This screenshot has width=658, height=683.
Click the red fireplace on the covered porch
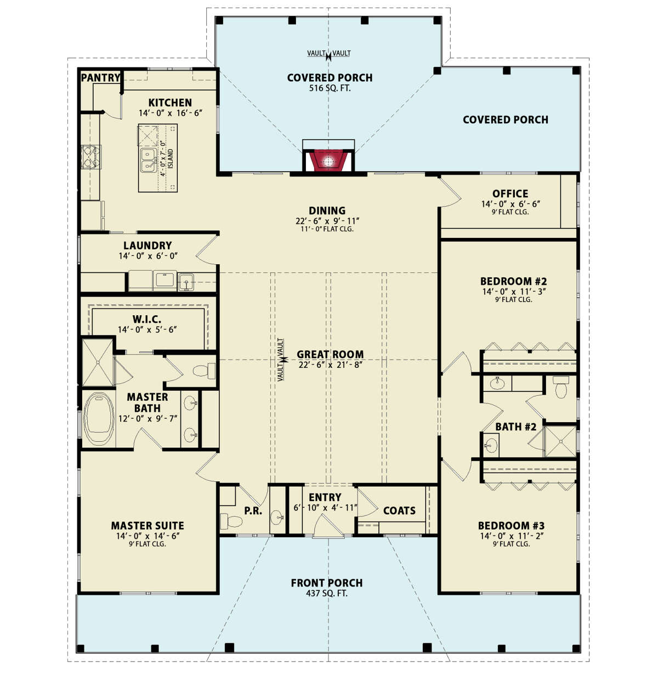click(328, 160)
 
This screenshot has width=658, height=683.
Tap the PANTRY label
click(100, 78)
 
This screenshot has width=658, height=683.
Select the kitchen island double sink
click(149, 160)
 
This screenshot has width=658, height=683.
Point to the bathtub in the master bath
click(99, 419)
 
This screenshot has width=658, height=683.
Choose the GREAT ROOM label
click(330, 354)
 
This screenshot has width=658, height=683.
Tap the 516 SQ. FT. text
click(330, 88)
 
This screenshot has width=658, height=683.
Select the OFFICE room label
click(510, 193)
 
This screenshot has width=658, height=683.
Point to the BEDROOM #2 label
click(513, 281)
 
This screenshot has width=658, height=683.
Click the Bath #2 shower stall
click(560, 441)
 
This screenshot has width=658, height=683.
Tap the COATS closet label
click(399, 510)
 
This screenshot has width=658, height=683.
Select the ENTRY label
click(325, 497)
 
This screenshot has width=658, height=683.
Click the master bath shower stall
click(98, 362)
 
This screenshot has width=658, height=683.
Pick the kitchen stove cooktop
click(91, 157)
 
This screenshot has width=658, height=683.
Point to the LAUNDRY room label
click(148, 246)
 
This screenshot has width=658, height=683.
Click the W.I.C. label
click(147, 320)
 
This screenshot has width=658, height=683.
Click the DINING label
click(327, 210)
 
